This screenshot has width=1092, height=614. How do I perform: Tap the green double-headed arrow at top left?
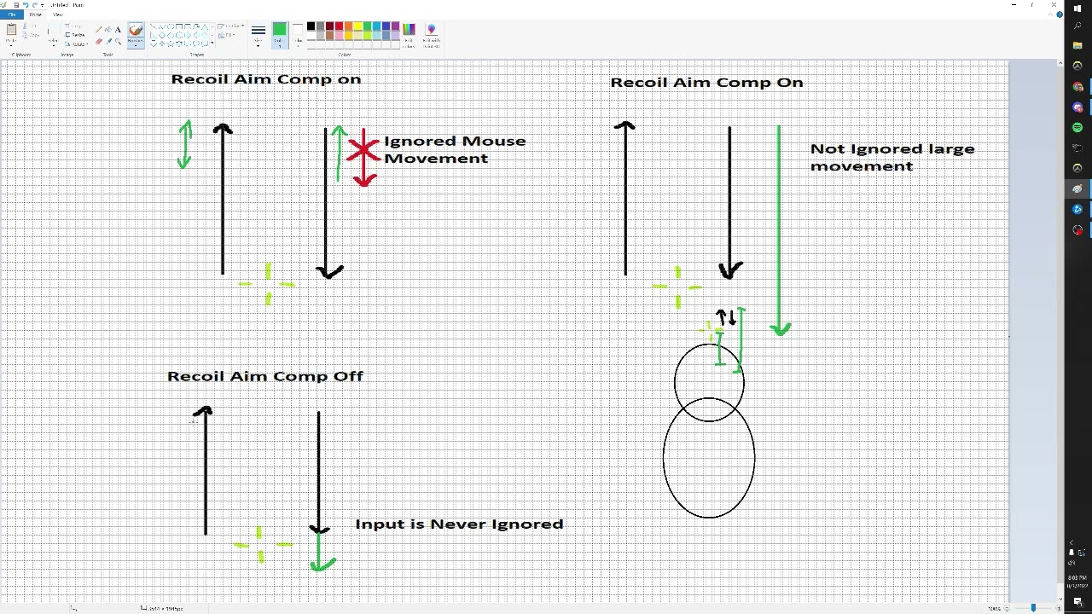184,143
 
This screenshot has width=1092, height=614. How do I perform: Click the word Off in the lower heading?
348,376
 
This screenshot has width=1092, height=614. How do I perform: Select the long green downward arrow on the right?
779,230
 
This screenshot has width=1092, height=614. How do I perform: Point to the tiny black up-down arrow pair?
726,318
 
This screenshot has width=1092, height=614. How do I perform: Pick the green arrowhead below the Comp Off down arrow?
321,563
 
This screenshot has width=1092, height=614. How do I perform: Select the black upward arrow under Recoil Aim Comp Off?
206,469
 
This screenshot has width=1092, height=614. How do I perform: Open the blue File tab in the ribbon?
12,14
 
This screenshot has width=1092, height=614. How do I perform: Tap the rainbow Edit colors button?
409,31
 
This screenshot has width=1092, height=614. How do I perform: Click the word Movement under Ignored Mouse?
436,159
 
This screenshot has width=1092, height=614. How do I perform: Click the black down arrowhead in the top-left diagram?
328,272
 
